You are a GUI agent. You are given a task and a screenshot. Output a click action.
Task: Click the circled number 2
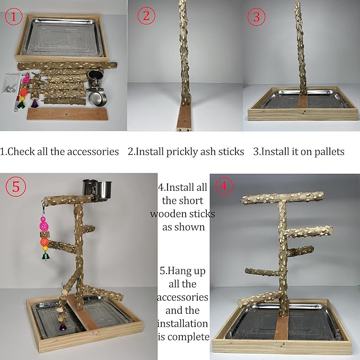click(x=147, y=16)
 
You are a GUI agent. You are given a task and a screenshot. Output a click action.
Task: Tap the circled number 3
click(x=257, y=16)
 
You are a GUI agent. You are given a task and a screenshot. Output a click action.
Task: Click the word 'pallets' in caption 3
click(x=328, y=152)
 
